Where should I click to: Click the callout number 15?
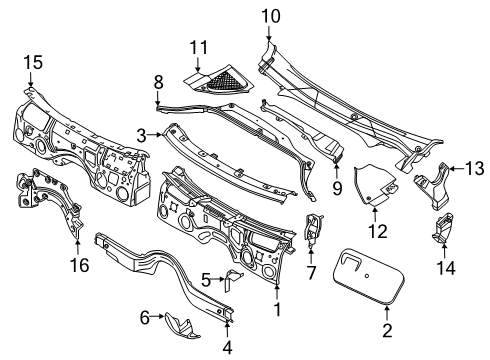pyautogui.click(x=33, y=64)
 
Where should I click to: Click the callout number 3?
pyautogui.click(x=142, y=134)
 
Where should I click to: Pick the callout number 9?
pyautogui.click(x=336, y=185)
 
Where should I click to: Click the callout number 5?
pyautogui.click(x=206, y=279)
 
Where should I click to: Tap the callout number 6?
pyautogui.click(x=146, y=317)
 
